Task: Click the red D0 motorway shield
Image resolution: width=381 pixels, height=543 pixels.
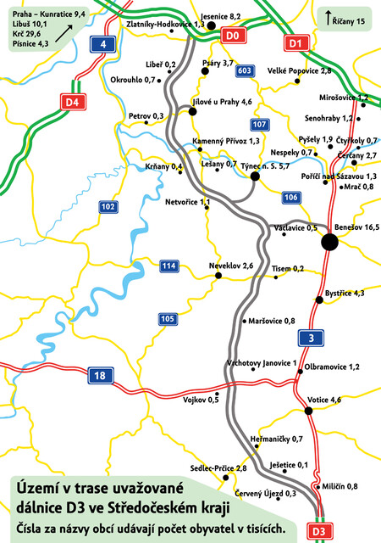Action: click(234, 36)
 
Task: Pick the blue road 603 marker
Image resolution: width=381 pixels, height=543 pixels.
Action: click(245, 70)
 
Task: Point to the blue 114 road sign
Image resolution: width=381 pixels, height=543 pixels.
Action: click(168, 267)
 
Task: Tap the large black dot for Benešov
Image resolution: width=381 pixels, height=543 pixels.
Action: click(329, 242)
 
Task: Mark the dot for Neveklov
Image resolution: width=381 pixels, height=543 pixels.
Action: click(218, 275)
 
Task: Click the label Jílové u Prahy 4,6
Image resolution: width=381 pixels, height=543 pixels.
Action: click(223, 102)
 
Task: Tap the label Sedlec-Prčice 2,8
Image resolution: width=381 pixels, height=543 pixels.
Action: click(218, 468)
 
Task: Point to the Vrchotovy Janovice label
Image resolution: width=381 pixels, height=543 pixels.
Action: click(261, 363)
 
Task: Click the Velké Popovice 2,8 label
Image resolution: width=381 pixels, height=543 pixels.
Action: click(299, 71)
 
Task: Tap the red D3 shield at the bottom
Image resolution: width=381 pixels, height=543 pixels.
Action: click(317, 532)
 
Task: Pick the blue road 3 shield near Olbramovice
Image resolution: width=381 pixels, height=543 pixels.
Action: click(312, 339)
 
